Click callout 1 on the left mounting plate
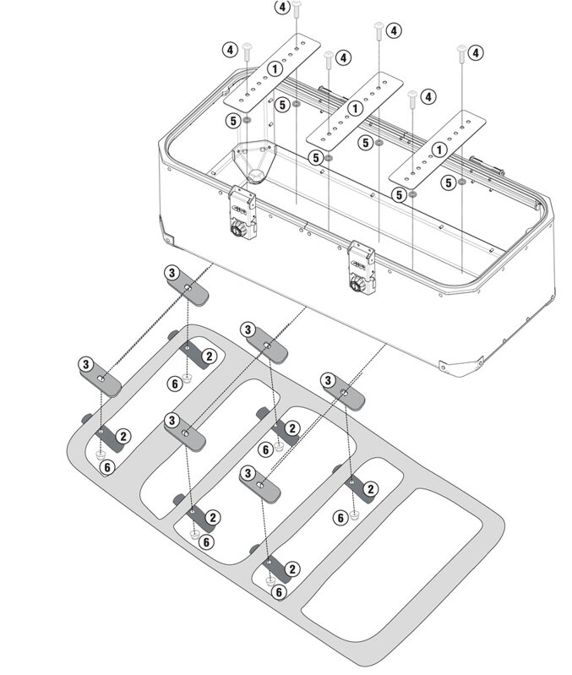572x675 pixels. coord(275,68)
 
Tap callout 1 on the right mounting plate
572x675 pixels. coord(439,150)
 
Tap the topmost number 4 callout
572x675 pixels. coord(281,8)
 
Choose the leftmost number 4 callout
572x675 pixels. coord(229,50)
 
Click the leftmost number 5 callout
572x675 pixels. coord(232,121)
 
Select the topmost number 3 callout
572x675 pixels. coord(172,273)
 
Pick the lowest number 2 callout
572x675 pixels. coord(292,569)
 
